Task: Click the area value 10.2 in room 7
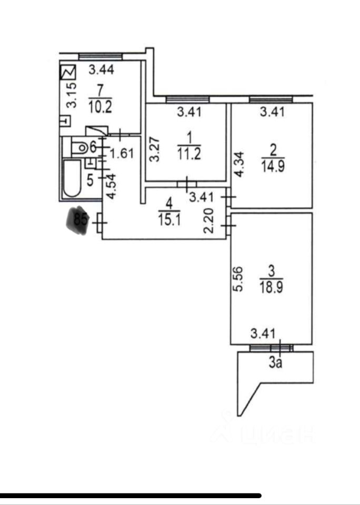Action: point(100,107)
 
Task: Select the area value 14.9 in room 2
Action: point(272,167)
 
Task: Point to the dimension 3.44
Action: point(101,69)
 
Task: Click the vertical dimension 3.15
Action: point(72,95)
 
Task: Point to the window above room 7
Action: point(100,56)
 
